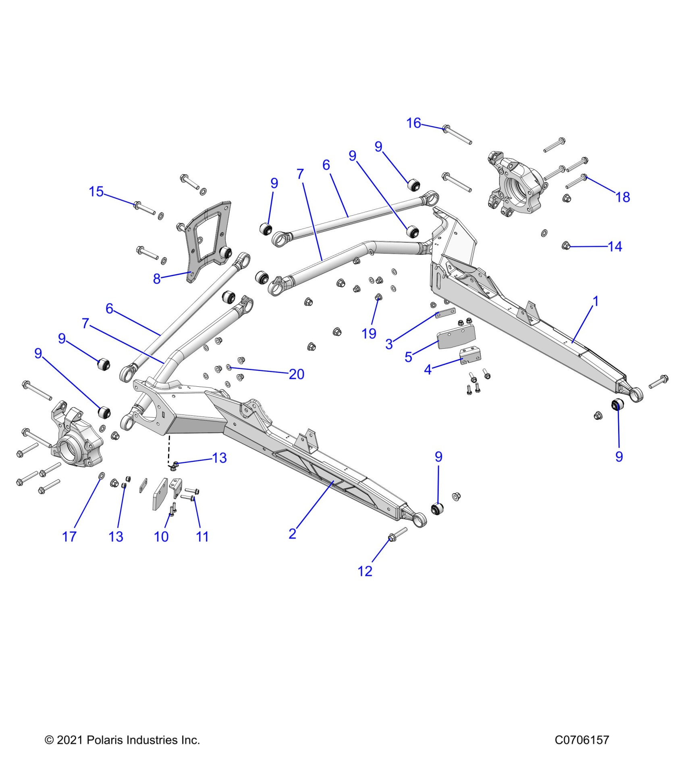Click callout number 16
pyautogui.click(x=413, y=123)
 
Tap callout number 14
pyautogui.click(x=615, y=246)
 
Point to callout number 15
pyautogui.click(x=96, y=192)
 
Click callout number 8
pyautogui.click(x=157, y=279)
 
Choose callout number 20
pyautogui.click(x=297, y=374)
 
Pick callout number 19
pyautogui.click(x=369, y=333)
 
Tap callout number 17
pyautogui.click(x=69, y=537)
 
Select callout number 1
pyautogui.click(x=596, y=301)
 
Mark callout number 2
pyautogui.click(x=293, y=533)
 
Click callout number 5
pyautogui.click(x=409, y=357)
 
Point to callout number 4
pyautogui.click(x=428, y=369)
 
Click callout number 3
pyautogui.click(x=389, y=344)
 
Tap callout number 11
pyautogui.click(x=202, y=537)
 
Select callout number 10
pyautogui.click(x=161, y=537)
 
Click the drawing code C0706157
pyautogui.click(x=581, y=740)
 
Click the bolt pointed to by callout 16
pyautogui.click(x=457, y=135)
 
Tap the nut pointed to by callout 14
pyautogui.click(x=566, y=245)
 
